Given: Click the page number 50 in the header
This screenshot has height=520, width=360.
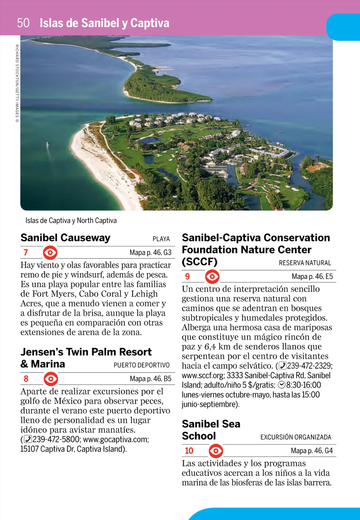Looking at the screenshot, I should pos(23,23).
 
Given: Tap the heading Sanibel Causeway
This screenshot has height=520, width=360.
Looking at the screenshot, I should pos(65,238).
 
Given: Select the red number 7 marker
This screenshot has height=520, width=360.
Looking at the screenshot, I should pos(26,252).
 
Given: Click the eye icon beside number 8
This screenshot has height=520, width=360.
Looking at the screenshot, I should pos(51,379).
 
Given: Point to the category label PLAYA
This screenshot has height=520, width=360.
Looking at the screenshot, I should pos(161,239).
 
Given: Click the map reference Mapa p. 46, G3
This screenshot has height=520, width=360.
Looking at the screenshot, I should pos(150,252).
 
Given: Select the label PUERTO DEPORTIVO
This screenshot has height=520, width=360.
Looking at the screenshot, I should pos(142,365).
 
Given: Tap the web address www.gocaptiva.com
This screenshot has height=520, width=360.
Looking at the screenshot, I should pos(116,440).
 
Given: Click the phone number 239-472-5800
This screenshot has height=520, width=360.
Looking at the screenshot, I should pos(56,440).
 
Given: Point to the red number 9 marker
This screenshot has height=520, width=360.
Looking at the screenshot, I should pos(187,277).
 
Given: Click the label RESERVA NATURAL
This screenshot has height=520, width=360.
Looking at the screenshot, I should pos(305,263).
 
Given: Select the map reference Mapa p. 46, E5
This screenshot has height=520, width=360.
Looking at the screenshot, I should pos(312,277).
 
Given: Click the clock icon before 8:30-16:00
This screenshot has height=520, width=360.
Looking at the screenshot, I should pos(282,385).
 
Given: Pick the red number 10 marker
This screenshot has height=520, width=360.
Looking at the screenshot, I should pos(189,451).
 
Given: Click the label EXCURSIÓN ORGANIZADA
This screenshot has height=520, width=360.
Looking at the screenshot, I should pos(295,437).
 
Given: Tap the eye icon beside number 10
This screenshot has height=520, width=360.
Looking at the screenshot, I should pos(216,451).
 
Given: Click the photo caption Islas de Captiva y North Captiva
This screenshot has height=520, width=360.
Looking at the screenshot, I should pos(71,221).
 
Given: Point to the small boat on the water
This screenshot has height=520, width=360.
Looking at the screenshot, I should pos(47,145).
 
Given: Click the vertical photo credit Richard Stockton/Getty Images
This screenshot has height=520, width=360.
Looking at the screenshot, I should pos(17,83).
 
